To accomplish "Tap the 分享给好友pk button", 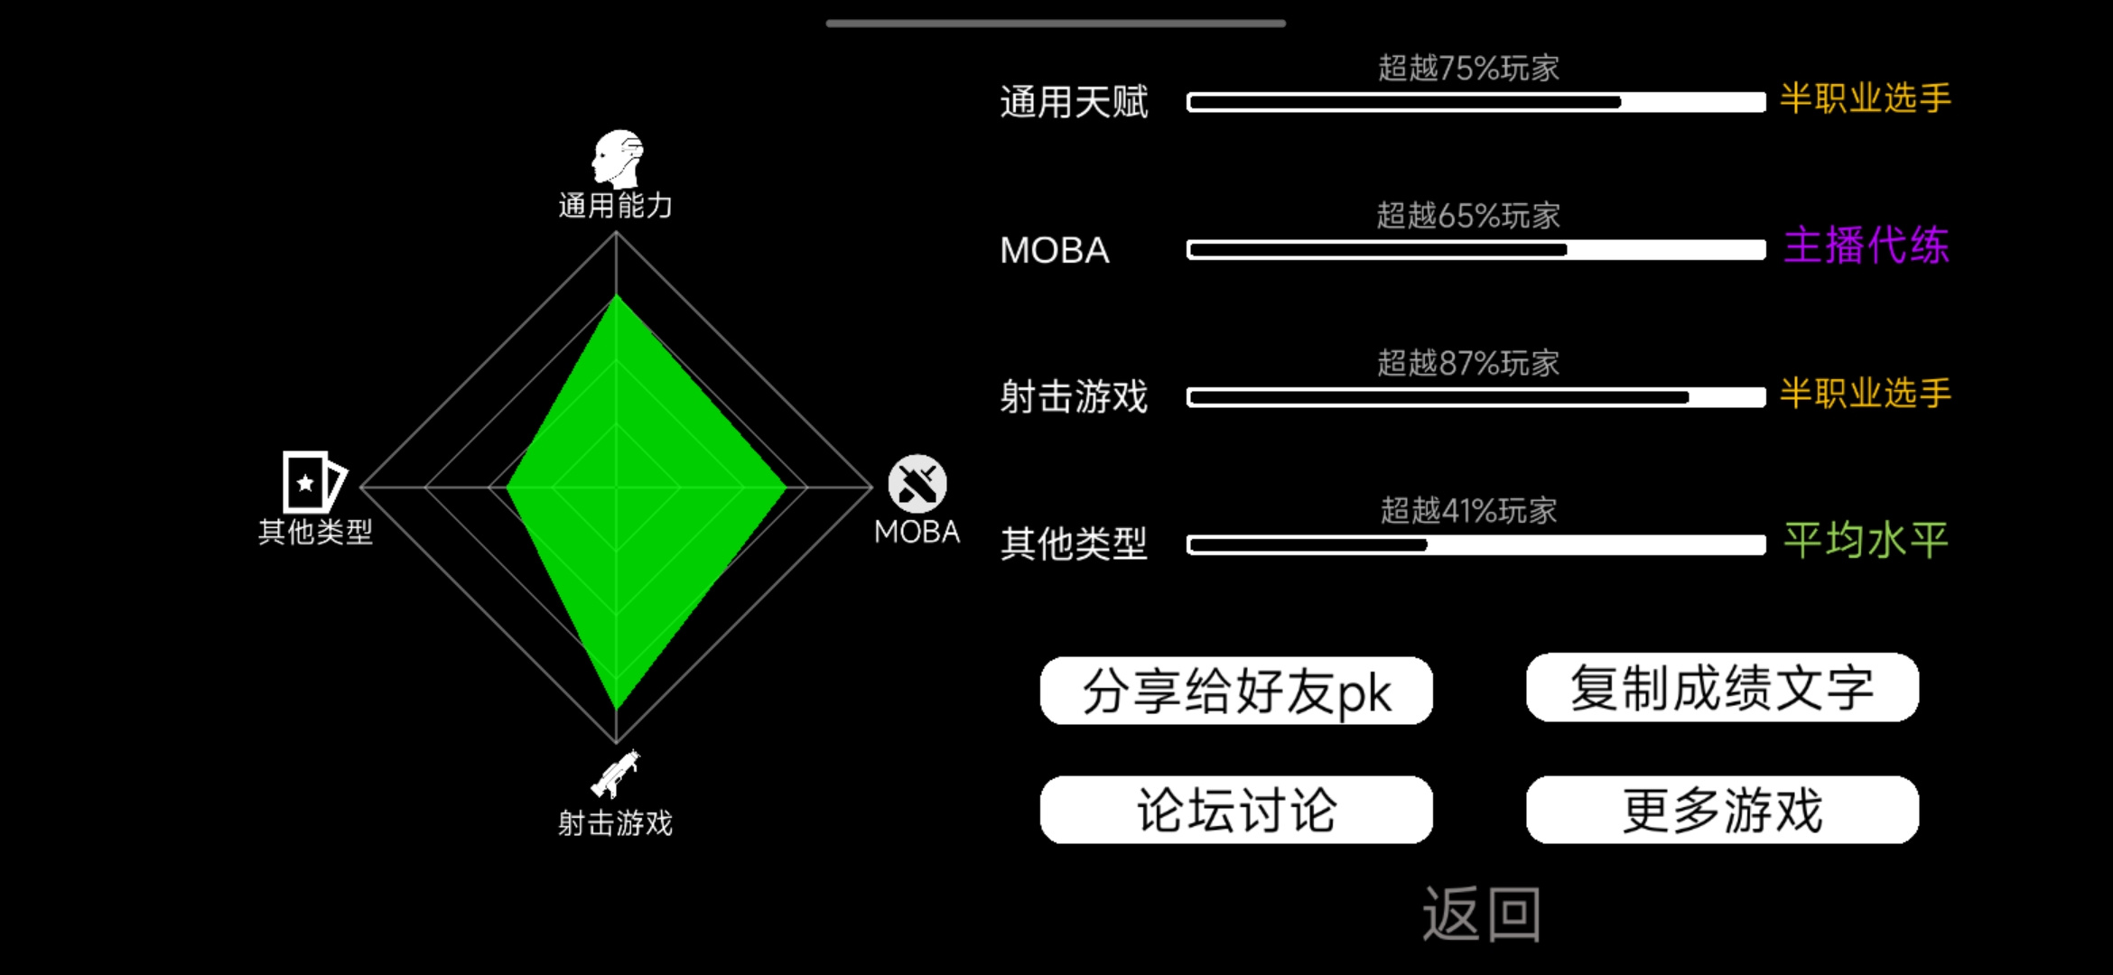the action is click(1236, 691).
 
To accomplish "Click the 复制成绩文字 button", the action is click(1722, 687).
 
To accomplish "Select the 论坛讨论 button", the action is click(1236, 810).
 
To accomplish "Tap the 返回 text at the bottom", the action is click(1482, 914).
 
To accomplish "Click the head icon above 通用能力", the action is click(618, 159).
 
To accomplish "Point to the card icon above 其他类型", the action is click(313, 482).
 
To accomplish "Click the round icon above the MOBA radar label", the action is click(917, 484).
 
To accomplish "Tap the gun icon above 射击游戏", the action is click(616, 774).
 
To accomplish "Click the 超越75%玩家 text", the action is click(1468, 68).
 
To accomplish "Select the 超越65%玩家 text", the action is click(1468, 216).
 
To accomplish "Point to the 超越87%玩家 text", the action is click(1468, 363).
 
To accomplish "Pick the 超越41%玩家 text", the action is click(1468, 511).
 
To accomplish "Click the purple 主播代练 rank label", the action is click(1866, 246).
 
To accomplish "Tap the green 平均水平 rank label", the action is click(1866, 541).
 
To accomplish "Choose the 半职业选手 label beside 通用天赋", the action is click(1866, 98).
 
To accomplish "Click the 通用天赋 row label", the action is click(1074, 102).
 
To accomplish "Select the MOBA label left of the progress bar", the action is click(1055, 250).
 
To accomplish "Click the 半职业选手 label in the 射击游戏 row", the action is click(1866, 394).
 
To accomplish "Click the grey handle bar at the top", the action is click(1056, 23).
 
